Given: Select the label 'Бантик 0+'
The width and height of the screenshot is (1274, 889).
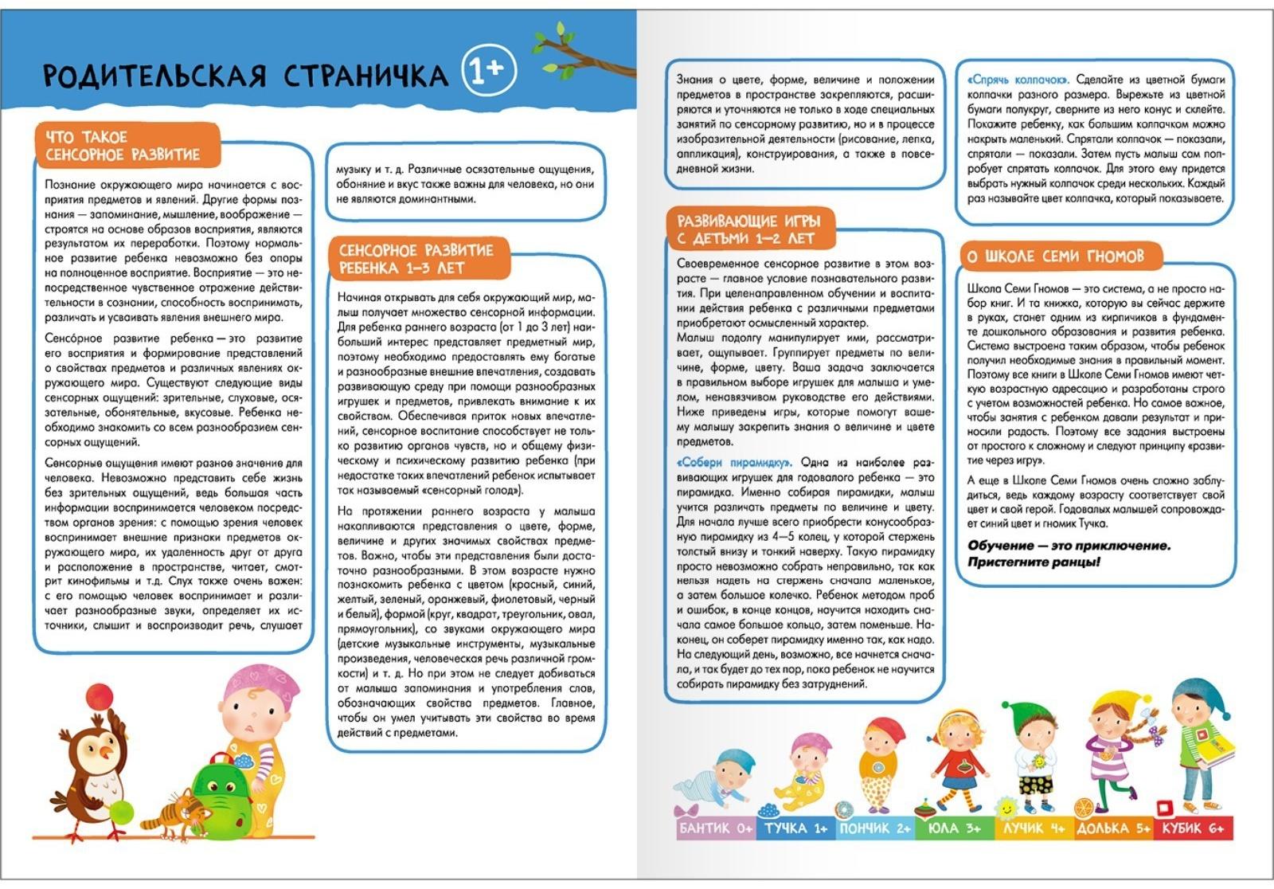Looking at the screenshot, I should pyautogui.click(x=715, y=828).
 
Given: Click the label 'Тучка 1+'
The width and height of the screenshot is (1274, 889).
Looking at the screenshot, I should pyautogui.click(x=795, y=828).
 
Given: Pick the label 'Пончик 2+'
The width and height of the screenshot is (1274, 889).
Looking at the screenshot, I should pyautogui.click(x=874, y=828).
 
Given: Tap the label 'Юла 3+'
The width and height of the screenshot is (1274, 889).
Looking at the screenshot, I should pyautogui.click(x=954, y=828).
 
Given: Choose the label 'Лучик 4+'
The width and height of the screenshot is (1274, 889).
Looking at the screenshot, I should pyautogui.click(x=1033, y=828).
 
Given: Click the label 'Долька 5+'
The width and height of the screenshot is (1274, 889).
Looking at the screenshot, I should pyautogui.click(x=1112, y=828).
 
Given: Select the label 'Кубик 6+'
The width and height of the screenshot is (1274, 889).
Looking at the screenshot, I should pyautogui.click(x=1192, y=828).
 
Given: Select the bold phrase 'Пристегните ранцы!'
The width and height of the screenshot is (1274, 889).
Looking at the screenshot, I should pyautogui.click(x=1034, y=562).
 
